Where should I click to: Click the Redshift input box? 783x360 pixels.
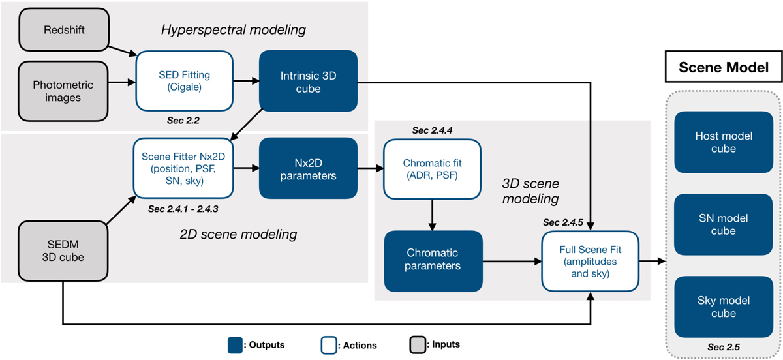[63, 30]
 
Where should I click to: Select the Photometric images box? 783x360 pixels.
[63, 92]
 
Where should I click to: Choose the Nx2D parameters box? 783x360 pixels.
[309, 168]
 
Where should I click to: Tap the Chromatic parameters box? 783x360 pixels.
[432, 260]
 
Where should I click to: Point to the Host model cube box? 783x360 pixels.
[724, 142]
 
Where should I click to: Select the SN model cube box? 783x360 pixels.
[724, 224]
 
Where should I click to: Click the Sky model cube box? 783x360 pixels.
[724, 307]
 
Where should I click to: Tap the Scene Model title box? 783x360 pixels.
[724, 67]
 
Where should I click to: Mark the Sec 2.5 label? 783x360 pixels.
[724, 346]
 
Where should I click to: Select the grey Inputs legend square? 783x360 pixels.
[416, 344]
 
